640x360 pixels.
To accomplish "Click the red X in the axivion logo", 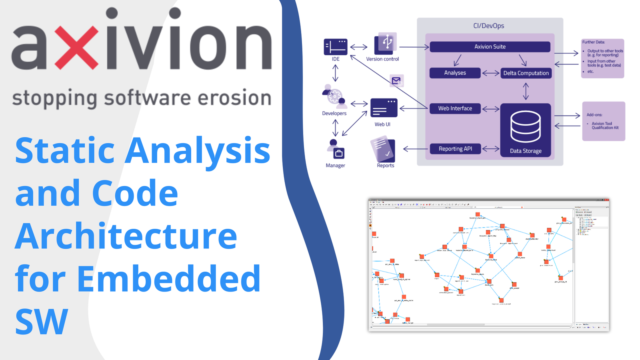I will point(76,47).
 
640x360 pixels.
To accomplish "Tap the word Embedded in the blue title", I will point(168,278).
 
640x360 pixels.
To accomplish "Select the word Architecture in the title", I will point(126,236).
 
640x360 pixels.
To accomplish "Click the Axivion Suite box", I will point(490,47).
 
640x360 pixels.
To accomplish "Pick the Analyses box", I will point(455,73).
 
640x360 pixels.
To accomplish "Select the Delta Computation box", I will point(526,73).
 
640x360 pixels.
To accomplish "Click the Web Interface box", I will point(455,108).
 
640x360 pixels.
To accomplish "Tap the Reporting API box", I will point(455,149).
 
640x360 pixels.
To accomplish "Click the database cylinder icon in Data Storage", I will point(526,126).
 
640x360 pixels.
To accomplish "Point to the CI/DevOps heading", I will point(488,26).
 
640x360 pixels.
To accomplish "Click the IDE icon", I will point(335,47).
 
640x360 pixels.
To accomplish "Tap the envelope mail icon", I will point(396,81).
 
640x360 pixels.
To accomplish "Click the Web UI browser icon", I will point(384,108).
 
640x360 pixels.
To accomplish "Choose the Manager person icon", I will point(336,149).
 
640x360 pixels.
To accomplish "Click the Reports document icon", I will point(383,149).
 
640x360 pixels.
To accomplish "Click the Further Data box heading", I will point(593,42).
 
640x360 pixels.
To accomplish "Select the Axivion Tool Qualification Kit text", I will point(605,126).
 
